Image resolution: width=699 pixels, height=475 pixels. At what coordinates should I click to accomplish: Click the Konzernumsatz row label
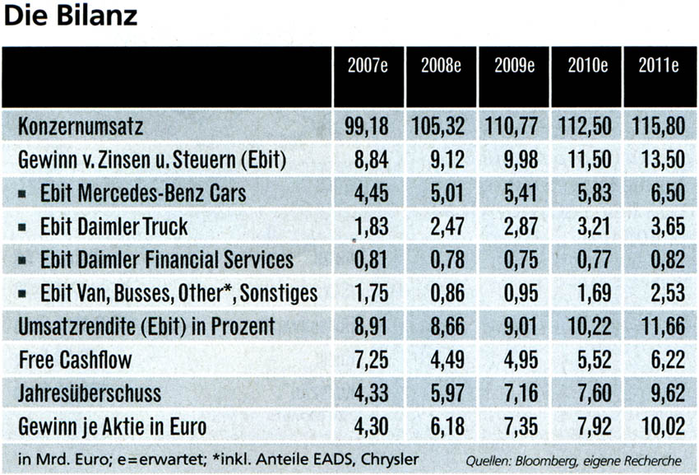click(81, 128)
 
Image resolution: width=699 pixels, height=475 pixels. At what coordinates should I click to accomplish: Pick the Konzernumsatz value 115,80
click(658, 128)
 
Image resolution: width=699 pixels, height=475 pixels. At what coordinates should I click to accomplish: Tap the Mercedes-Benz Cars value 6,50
click(664, 194)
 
